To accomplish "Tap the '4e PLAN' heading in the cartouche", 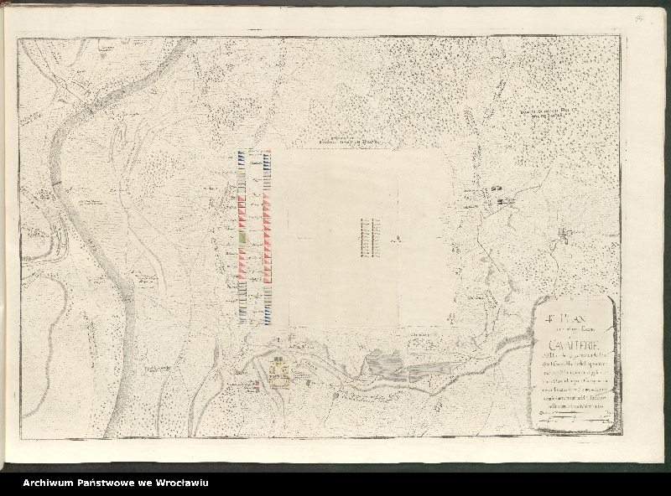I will click(558, 318).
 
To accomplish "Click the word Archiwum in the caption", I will click(50, 483).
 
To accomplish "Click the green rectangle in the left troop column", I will click(242, 238).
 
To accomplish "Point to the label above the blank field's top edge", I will click(347, 142).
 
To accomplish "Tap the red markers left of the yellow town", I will click(255, 385).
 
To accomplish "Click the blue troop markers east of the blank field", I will click(504, 200).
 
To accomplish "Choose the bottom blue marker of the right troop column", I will click(266, 318).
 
